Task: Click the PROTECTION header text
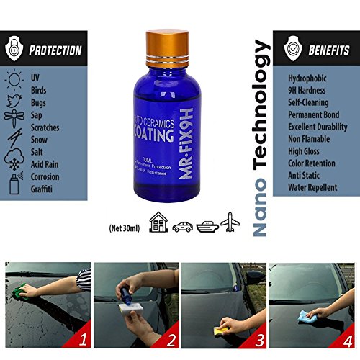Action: click(55, 51)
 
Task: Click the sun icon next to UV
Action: click(14, 77)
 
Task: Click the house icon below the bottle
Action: click(157, 224)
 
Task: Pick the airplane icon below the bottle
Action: click(230, 224)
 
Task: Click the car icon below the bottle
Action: click(181, 225)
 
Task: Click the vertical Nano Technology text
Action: click(263, 137)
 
